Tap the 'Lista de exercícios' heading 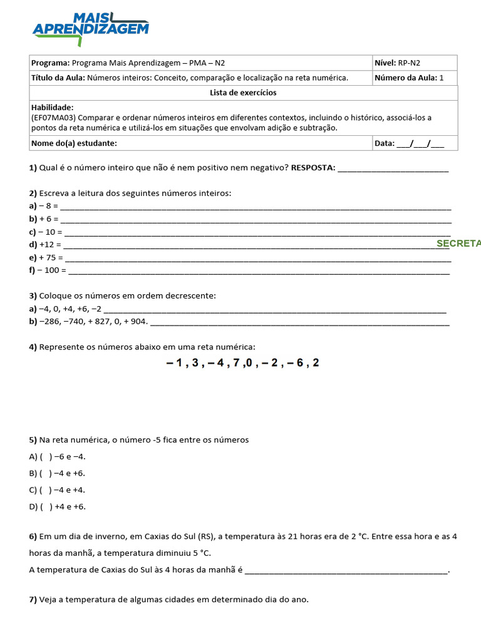point(243,93)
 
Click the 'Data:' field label point(385,143)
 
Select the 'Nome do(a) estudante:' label point(74,143)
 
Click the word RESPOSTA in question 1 point(313,168)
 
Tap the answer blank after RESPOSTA point(393,168)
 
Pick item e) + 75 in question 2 point(46,257)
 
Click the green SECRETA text point(458,243)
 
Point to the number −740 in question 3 point(69,322)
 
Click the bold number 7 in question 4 point(236,363)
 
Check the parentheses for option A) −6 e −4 point(46,457)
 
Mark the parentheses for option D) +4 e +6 point(46,507)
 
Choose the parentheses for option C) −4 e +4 point(46,490)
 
